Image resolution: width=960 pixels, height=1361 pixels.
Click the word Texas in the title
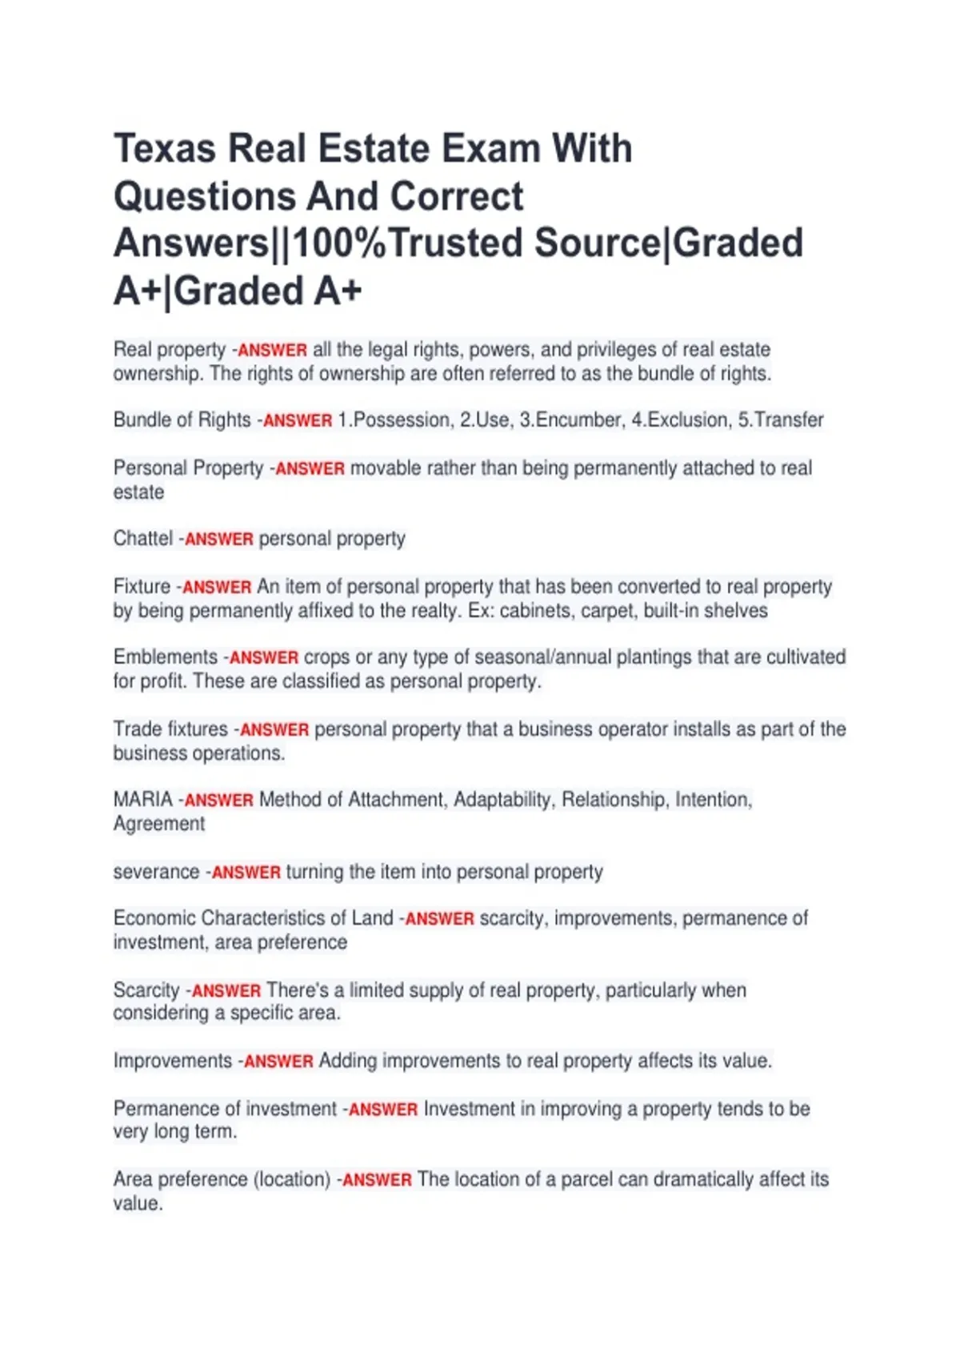(x=165, y=149)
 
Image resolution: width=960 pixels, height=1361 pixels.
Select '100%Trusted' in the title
(x=407, y=243)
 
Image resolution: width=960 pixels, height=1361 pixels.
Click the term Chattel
(x=142, y=539)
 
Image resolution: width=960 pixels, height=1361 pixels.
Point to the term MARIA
(x=142, y=800)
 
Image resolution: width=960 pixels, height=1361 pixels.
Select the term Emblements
(x=165, y=657)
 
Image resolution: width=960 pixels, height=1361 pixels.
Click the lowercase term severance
(x=156, y=872)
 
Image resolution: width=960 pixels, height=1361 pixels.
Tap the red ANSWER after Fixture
(x=217, y=588)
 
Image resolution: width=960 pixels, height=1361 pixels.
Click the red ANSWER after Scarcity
(x=226, y=991)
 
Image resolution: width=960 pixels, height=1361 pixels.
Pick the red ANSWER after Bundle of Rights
(x=298, y=421)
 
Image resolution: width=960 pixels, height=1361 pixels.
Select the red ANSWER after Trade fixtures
(x=274, y=730)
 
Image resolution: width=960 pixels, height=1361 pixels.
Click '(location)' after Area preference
(x=291, y=1179)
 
